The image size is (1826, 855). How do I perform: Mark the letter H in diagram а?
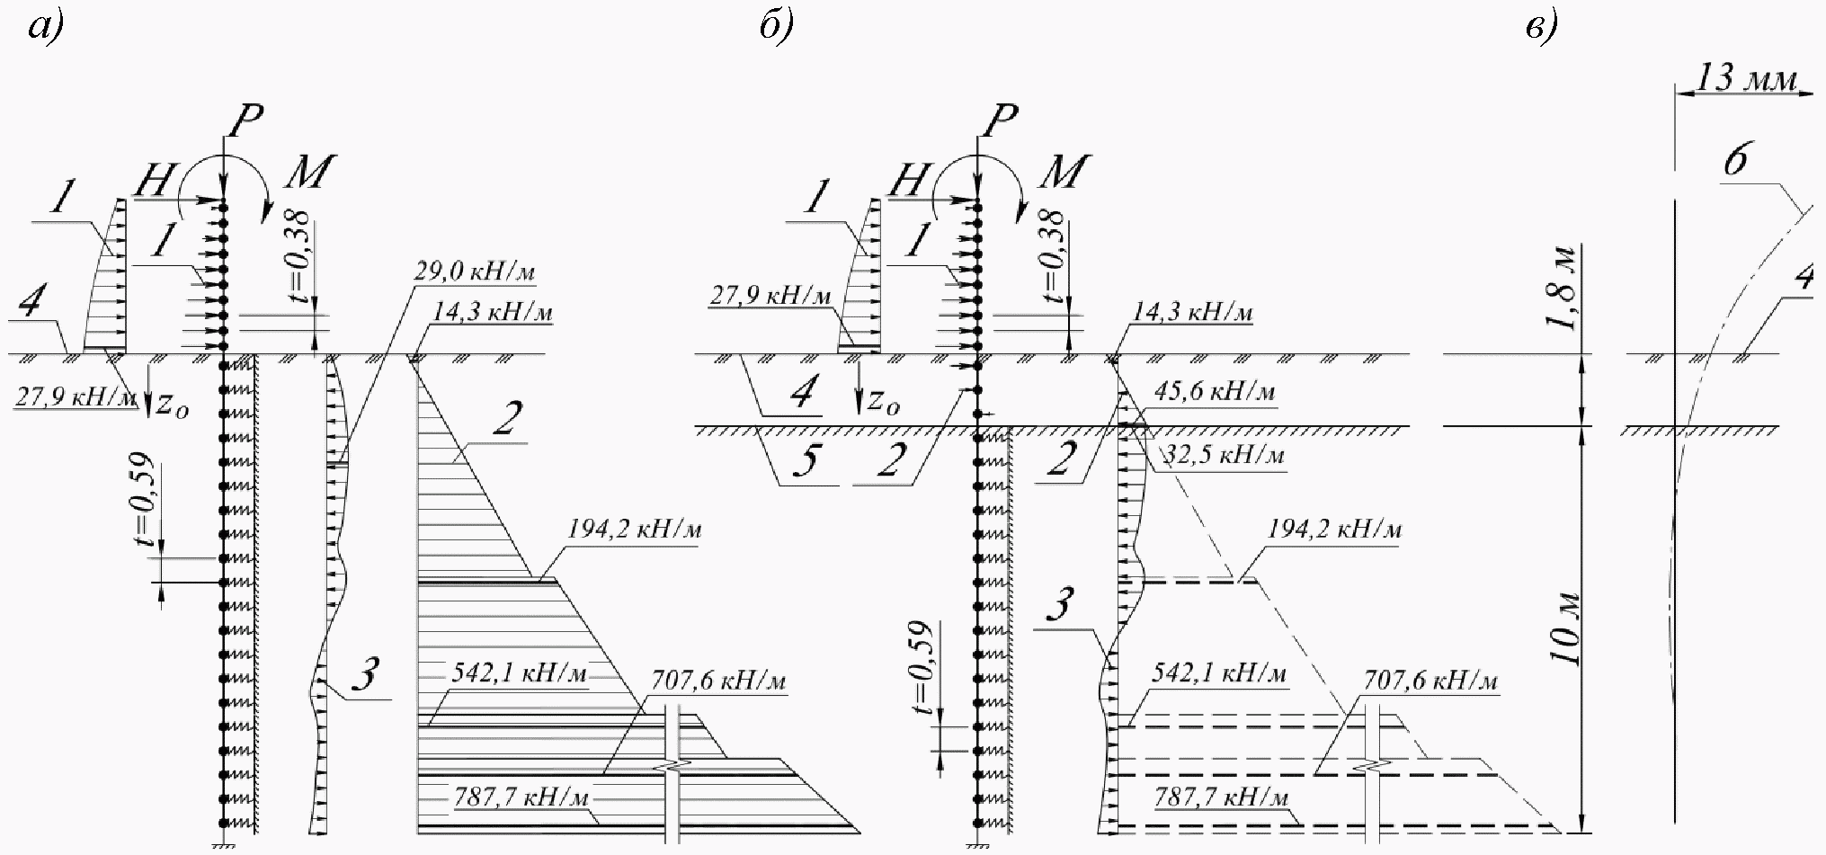tap(153, 183)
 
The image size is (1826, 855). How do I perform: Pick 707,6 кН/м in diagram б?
tap(1431, 682)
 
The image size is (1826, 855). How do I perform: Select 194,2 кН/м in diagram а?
tap(634, 530)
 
